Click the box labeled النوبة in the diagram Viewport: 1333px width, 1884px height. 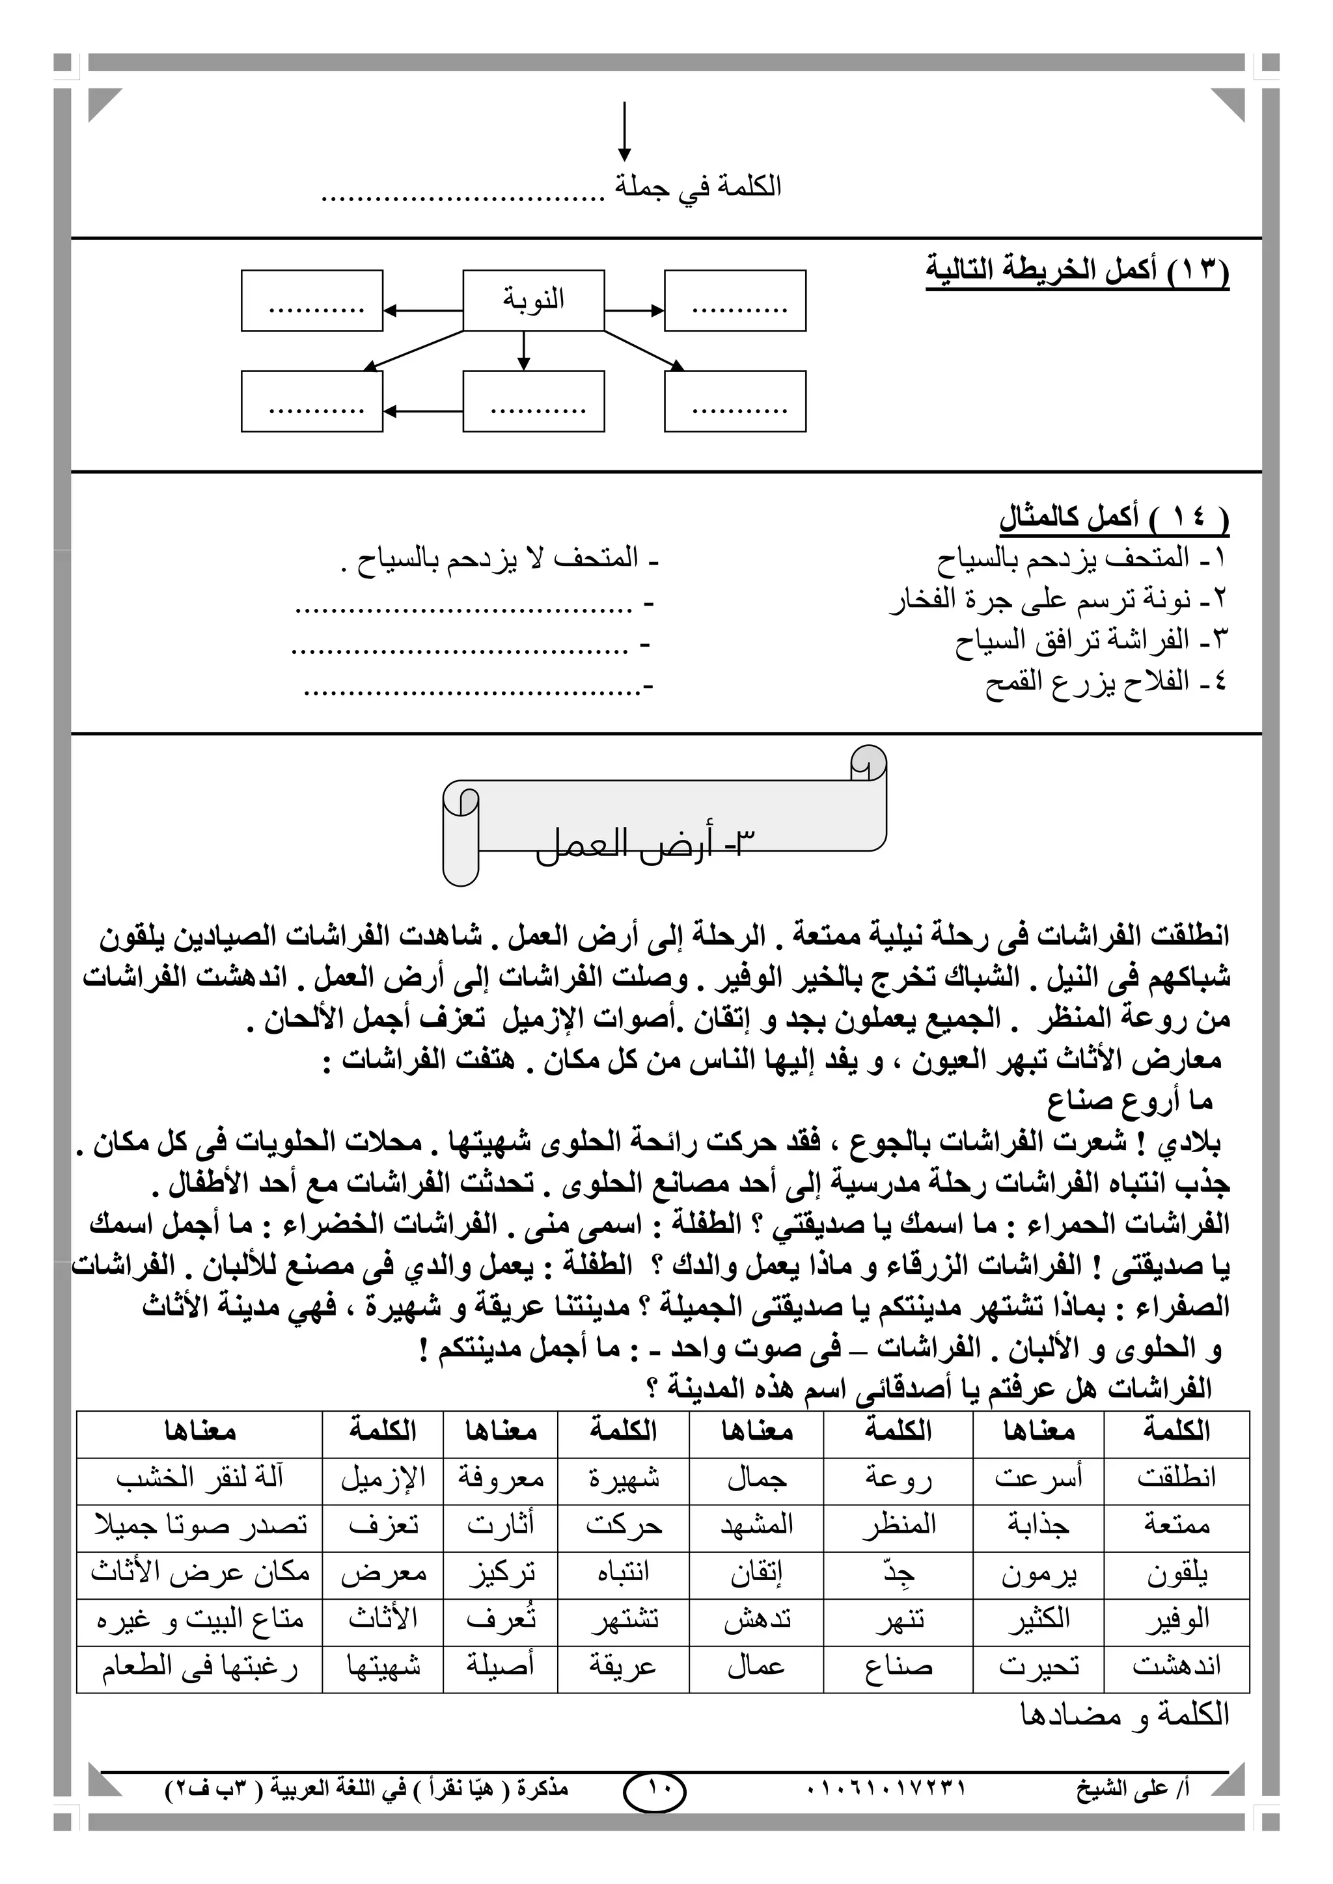(x=534, y=301)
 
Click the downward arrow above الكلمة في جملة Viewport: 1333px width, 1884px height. (x=625, y=132)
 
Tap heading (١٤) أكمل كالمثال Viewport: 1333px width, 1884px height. (x=1114, y=517)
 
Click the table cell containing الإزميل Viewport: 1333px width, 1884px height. (x=383, y=1477)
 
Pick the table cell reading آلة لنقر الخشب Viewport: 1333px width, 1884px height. (x=199, y=1477)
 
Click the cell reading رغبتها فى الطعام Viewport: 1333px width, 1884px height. (x=199, y=1667)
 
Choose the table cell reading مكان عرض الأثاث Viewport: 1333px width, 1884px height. (x=199, y=1572)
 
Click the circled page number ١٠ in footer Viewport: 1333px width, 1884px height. (x=654, y=1794)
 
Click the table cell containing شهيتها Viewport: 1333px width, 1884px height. (x=383, y=1667)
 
